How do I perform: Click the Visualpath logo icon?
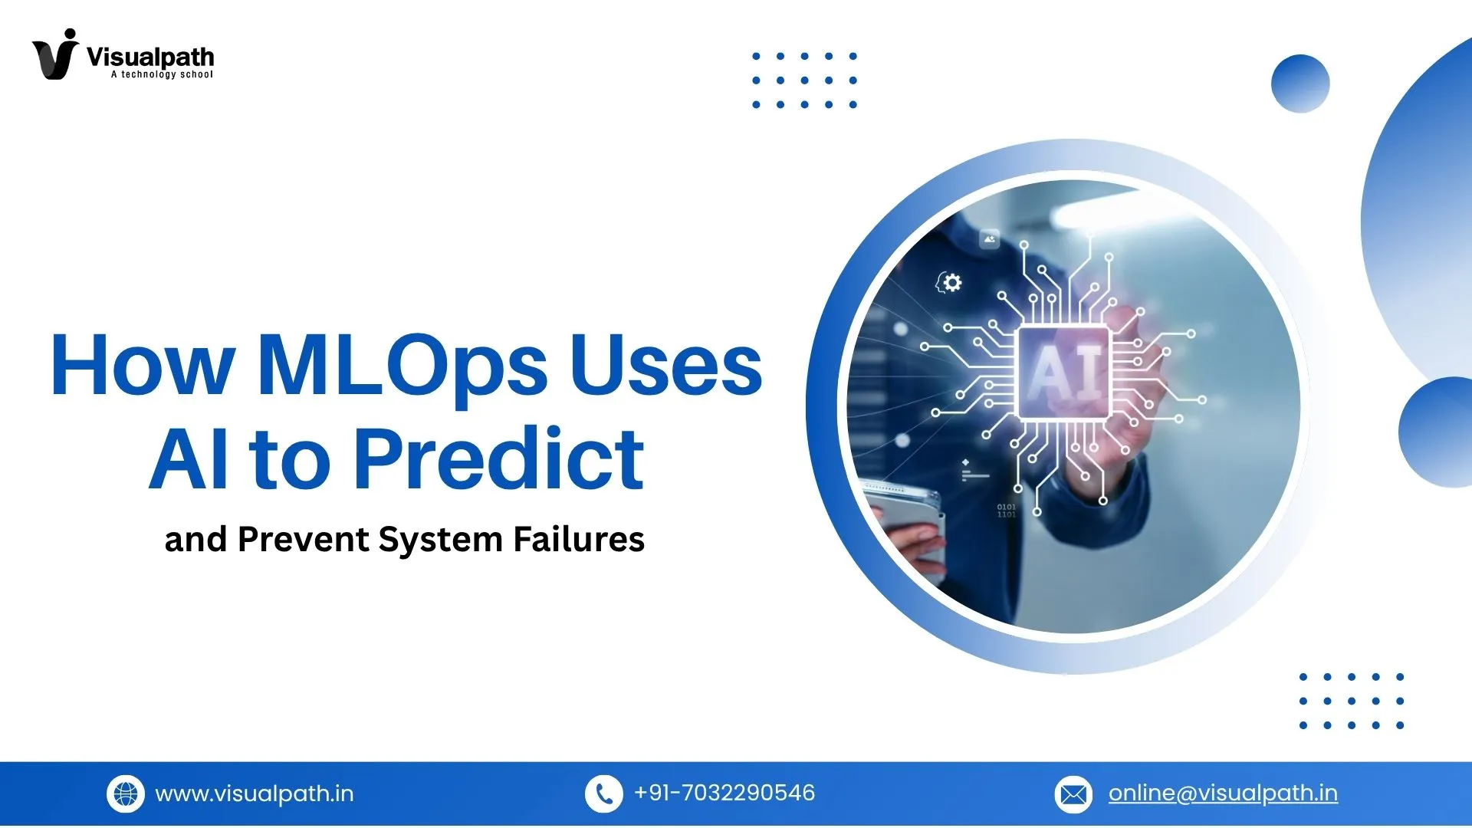pyautogui.click(x=54, y=54)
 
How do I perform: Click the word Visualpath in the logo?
pyautogui.click(x=150, y=57)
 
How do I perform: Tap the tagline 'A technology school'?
pyautogui.click(x=162, y=74)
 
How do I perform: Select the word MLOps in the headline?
pyautogui.click(x=402, y=367)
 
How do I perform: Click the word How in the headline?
pyautogui.click(x=142, y=367)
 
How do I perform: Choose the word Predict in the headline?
pyautogui.click(x=498, y=459)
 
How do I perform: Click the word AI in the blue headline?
pyautogui.click(x=189, y=459)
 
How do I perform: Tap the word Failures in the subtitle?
pyautogui.click(x=579, y=539)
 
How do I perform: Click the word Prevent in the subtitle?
pyautogui.click(x=304, y=539)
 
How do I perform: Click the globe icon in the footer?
pyautogui.click(x=126, y=793)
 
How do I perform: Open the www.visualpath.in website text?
pyautogui.click(x=255, y=793)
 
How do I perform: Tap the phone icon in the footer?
pyautogui.click(x=603, y=793)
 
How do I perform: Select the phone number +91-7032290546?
pyautogui.click(x=724, y=793)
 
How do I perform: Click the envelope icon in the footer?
pyautogui.click(x=1073, y=793)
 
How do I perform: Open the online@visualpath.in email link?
pyautogui.click(x=1223, y=793)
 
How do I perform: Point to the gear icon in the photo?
pyautogui.click(x=951, y=283)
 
